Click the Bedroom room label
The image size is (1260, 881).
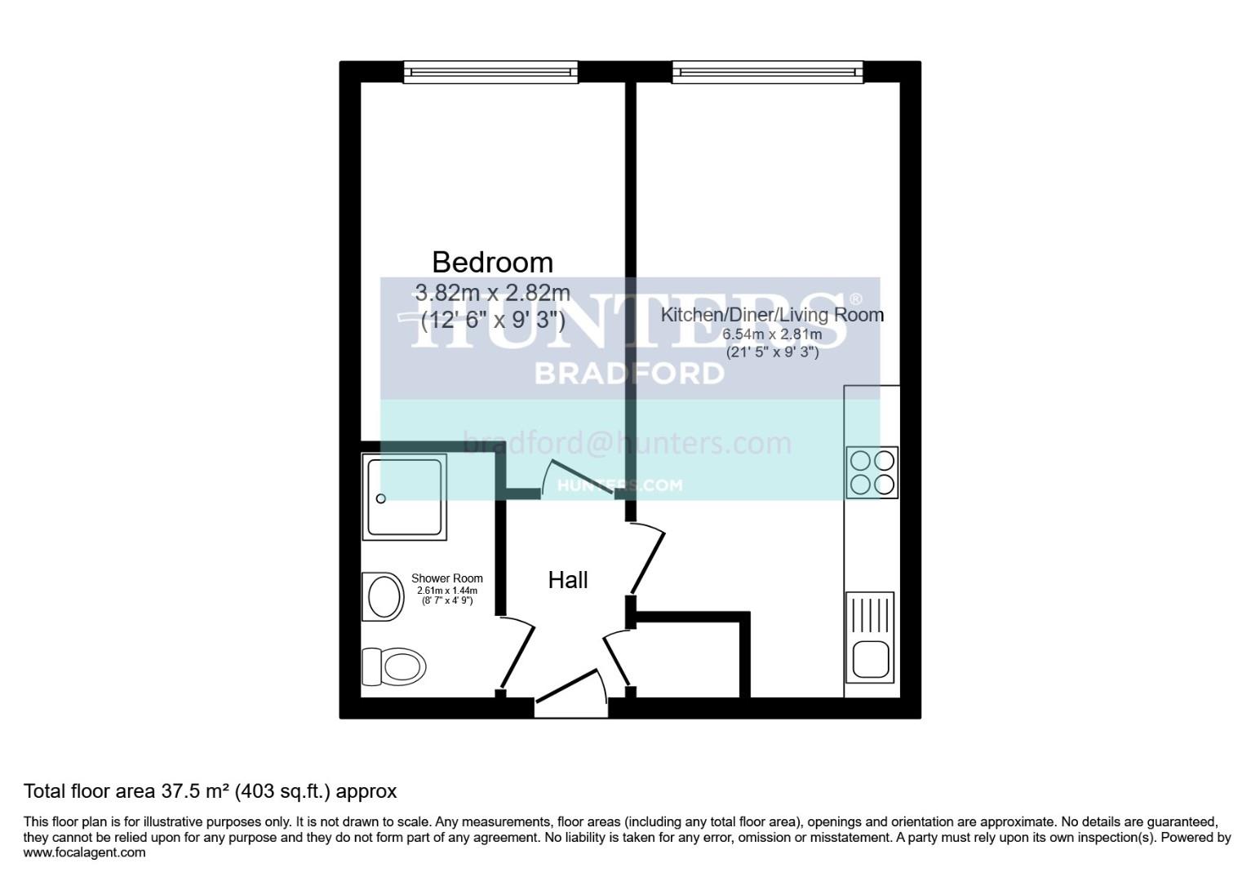492,262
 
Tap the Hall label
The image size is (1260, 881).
568,580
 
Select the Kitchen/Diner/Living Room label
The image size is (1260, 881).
771,315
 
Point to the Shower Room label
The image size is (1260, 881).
446,578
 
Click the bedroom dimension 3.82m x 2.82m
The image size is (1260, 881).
492,292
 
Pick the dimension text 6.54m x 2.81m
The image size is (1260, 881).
771,334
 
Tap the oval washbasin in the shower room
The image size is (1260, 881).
384,596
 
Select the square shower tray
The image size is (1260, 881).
406,497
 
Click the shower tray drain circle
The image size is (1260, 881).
380,498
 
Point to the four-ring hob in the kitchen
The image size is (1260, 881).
872,472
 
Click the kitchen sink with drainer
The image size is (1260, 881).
870,637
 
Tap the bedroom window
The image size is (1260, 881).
490,73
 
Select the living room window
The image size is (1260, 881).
767,73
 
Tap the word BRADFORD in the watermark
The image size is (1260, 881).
629,373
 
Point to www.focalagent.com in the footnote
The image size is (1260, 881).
85,852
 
